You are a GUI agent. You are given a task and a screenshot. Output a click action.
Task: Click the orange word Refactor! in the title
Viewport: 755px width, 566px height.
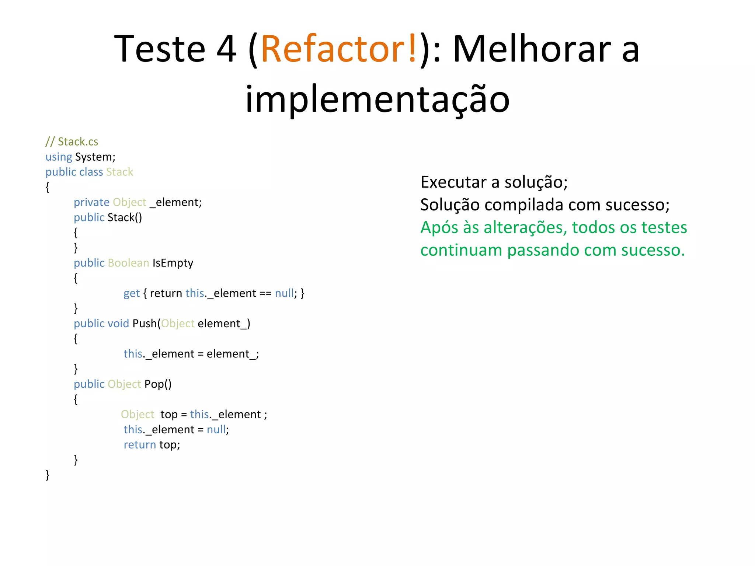tap(339, 49)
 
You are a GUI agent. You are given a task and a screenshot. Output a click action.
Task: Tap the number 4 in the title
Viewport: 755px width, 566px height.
tap(226, 49)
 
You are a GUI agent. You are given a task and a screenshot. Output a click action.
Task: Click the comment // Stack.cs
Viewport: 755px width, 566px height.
tap(72, 141)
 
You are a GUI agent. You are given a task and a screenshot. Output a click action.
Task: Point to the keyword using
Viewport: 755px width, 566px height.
tap(59, 157)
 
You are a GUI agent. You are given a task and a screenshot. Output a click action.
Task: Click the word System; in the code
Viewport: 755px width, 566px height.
tap(95, 157)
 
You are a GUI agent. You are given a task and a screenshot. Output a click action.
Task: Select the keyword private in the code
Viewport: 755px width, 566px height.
tap(91, 202)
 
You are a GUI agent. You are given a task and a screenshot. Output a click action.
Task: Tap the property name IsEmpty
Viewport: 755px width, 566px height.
tap(173, 263)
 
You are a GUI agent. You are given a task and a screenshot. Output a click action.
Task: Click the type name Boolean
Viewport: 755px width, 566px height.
tap(128, 263)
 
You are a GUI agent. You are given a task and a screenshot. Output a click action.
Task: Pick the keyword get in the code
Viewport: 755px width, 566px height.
tap(132, 293)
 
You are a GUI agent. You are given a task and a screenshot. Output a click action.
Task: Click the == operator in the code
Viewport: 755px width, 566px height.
tap(265, 293)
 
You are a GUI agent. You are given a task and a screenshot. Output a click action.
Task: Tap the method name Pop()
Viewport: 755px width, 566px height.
tap(158, 384)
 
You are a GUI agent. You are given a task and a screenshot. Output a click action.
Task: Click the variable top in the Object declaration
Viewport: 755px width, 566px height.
tap(169, 415)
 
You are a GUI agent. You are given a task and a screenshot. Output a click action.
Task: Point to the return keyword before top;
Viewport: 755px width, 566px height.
tap(140, 445)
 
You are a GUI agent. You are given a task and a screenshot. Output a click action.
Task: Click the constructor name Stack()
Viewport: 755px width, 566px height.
tap(125, 217)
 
